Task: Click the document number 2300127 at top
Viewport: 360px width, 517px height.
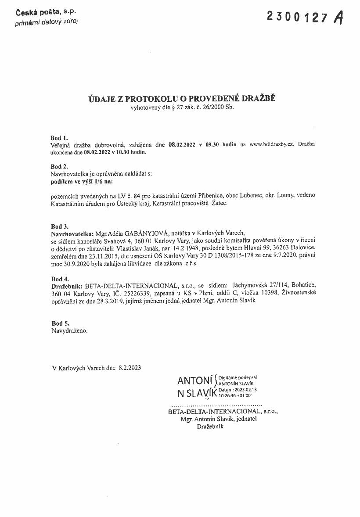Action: (298, 17)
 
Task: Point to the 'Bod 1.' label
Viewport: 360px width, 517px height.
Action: (59, 137)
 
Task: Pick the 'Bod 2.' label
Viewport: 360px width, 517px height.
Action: (59, 167)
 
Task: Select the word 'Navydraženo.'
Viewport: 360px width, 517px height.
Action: (69, 331)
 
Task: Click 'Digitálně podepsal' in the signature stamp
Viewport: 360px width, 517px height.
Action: (238, 377)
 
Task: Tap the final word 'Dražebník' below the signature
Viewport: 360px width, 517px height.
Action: (210, 426)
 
